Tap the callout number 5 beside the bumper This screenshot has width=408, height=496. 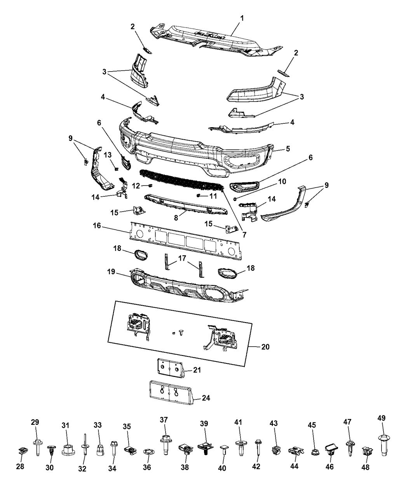(x=288, y=148)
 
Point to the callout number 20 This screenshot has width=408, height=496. (x=265, y=346)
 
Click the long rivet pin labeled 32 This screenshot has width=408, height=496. (x=84, y=446)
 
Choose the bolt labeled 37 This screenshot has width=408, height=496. (x=164, y=444)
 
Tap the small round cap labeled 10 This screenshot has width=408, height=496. (x=235, y=199)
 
